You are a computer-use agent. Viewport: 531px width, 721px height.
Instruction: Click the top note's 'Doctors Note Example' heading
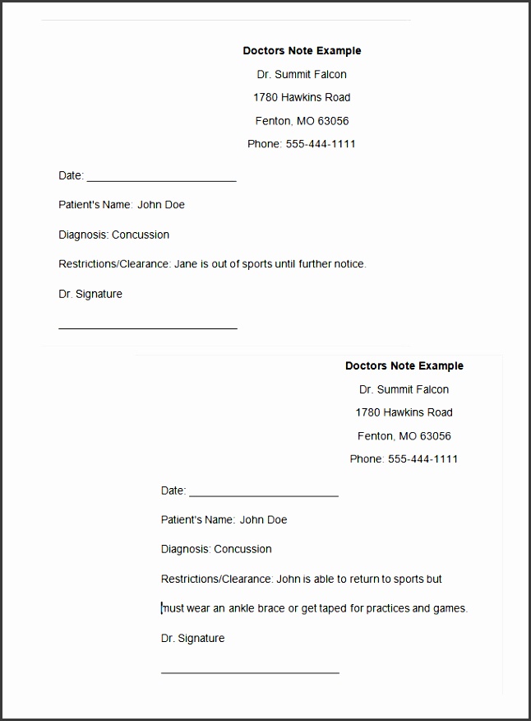click(302, 51)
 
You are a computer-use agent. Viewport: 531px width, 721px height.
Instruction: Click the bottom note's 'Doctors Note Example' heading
click(404, 366)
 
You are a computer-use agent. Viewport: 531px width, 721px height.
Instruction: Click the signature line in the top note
click(148, 328)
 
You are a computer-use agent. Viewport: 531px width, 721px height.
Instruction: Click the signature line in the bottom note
click(250, 672)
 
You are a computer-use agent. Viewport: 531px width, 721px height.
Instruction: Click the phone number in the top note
click(321, 144)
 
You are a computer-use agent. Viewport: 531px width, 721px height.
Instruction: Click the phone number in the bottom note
click(422, 459)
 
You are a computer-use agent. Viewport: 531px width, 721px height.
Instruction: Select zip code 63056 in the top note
click(334, 121)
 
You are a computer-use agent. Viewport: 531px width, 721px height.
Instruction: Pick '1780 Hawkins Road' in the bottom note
click(404, 412)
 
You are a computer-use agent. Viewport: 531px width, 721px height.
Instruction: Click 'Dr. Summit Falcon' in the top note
click(302, 74)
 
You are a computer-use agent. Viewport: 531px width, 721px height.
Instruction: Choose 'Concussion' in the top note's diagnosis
click(141, 235)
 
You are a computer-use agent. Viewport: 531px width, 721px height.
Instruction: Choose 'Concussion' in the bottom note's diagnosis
click(242, 549)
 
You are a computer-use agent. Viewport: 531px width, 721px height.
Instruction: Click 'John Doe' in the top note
click(161, 205)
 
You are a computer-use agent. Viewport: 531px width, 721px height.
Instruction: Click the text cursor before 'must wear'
click(162, 608)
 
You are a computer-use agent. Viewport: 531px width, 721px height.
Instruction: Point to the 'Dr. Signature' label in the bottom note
click(192, 639)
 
